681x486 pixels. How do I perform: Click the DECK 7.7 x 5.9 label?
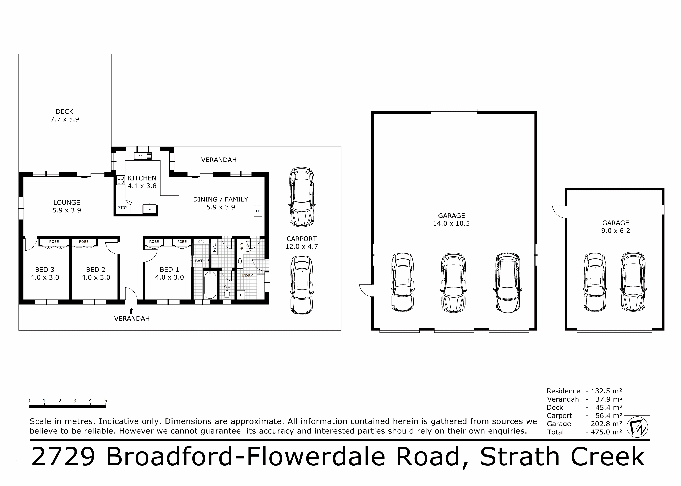point(64,115)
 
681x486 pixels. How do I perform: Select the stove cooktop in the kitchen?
point(121,180)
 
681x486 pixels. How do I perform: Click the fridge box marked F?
point(149,209)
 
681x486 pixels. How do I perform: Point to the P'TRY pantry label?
point(122,207)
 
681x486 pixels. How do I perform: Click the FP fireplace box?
point(258,211)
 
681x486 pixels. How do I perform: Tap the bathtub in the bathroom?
point(210,285)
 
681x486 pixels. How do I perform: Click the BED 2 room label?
point(96,273)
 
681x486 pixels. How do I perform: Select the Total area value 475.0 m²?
point(604,432)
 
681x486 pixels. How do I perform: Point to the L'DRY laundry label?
point(247,275)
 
